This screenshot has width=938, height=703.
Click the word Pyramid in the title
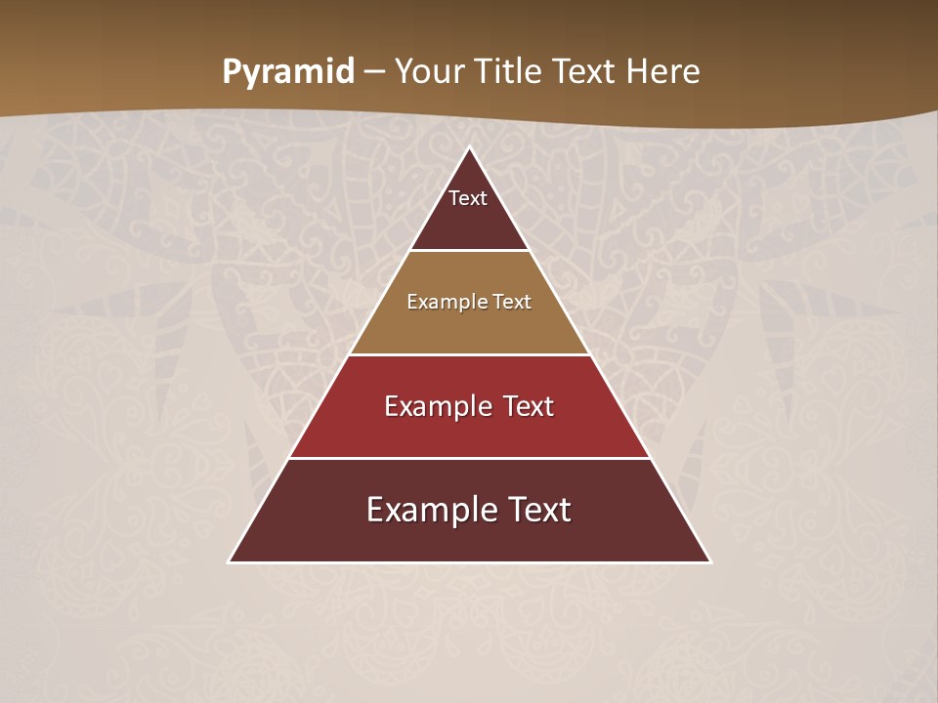click(x=287, y=72)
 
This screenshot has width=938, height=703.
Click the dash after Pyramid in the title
click(x=374, y=73)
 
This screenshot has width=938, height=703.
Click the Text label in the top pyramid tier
click(x=468, y=198)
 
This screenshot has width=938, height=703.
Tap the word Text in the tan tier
click(x=512, y=302)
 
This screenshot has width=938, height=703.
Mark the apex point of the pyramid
click(x=470, y=148)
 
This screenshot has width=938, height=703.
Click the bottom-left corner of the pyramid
click(x=230, y=562)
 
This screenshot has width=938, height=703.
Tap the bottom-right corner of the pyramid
click(x=709, y=562)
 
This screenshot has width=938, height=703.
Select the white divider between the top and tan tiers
click(x=470, y=250)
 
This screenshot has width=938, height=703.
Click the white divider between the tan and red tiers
click(x=470, y=354)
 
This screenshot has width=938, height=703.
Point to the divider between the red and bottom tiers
click(x=470, y=458)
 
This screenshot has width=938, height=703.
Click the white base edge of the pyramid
click(x=470, y=562)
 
